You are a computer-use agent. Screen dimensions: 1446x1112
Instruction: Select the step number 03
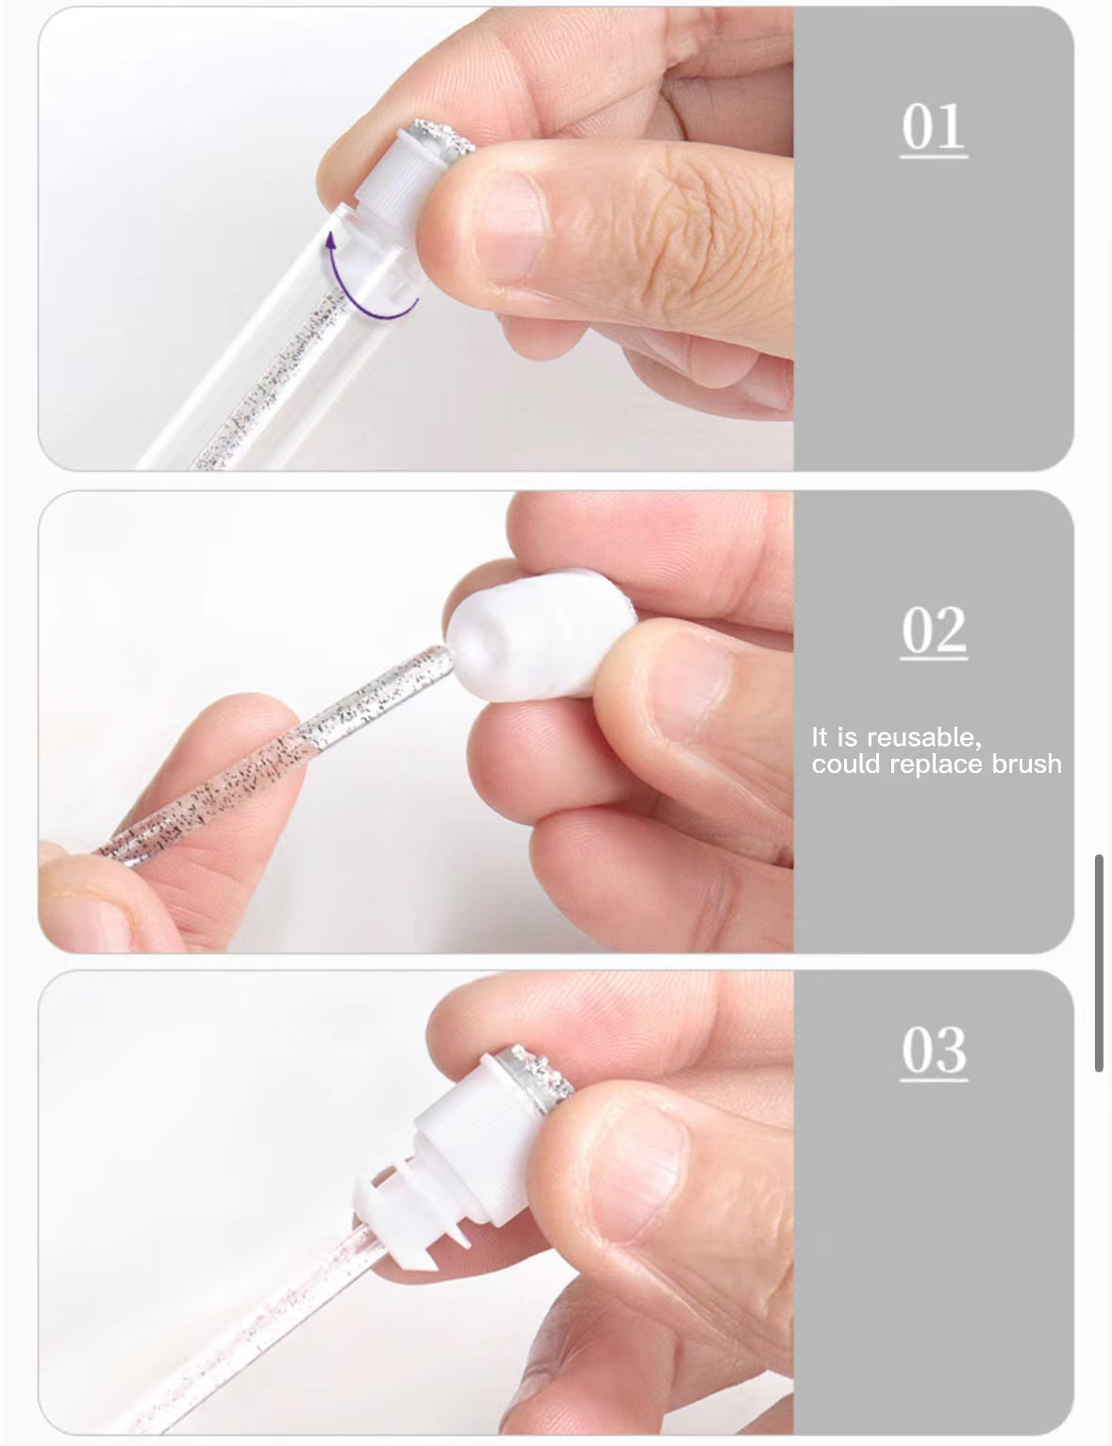click(933, 1050)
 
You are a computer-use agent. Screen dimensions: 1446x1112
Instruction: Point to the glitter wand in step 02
click(283, 745)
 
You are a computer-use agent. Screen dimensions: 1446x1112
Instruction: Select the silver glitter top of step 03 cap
click(542, 1070)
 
